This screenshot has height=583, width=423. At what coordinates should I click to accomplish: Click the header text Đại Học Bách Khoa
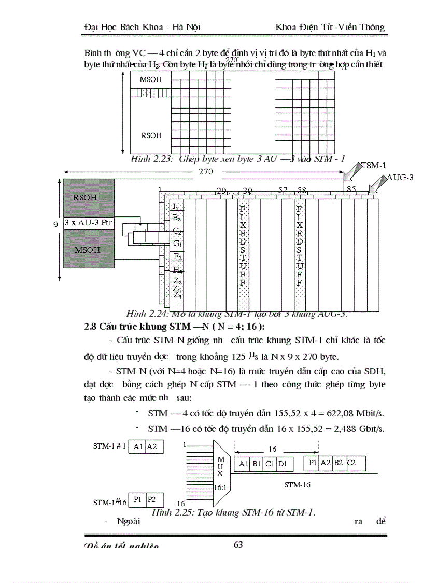(x=120, y=27)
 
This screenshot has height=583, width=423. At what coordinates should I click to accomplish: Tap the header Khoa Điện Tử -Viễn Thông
(x=330, y=27)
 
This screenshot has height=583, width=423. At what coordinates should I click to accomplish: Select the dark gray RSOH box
(x=85, y=198)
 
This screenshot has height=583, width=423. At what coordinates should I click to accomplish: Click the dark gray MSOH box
(x=87, y=250)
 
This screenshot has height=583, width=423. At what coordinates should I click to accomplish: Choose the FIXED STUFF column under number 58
(x=299, y=247)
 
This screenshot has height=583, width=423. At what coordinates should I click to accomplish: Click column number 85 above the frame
(x=351, y=190)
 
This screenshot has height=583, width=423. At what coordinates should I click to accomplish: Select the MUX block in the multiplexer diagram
(x=220, y=467)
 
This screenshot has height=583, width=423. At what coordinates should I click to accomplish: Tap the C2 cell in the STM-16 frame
(x=351, y=463)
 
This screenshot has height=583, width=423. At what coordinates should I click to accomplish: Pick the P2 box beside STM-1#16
(x=151, y=499)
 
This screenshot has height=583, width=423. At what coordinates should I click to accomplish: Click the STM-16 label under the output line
(x=297, y=485)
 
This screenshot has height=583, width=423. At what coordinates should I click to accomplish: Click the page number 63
(x=238, y=545)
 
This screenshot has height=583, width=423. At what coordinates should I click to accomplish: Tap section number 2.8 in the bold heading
(x=91, y=327)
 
